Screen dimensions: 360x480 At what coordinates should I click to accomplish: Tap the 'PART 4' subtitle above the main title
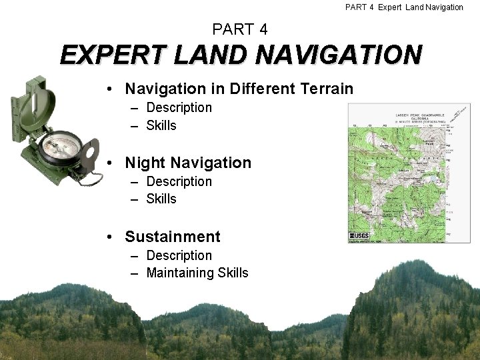[x=240, y=29]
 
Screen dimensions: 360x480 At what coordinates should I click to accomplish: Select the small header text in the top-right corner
[x=404, y=7]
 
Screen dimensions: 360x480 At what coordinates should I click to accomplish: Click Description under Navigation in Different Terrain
[x=179, y=107]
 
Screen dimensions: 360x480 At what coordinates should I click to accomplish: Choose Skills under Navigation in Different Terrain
[x=161, y=125]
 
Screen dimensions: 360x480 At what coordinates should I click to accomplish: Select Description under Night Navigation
[x=179, y=181]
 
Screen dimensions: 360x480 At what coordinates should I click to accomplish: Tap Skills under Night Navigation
[x=161, y=199]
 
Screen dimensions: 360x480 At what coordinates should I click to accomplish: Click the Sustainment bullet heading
[x=173, y=237]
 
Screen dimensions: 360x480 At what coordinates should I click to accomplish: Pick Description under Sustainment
[x=179, y=255]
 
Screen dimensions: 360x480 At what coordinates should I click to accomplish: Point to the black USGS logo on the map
[x=358, y=237]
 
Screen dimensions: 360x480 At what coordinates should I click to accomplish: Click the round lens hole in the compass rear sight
[x=91, y=154]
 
